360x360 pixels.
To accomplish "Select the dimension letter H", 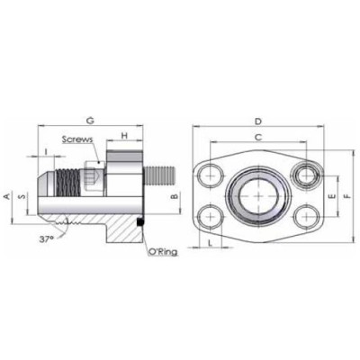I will click(x=125, y=135).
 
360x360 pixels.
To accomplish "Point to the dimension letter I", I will click(x=45, y=151).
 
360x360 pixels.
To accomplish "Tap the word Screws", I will click(x=78, y=140).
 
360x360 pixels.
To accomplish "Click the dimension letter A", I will click(x=8, y=195).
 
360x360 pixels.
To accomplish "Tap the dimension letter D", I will click(x=258, y=120).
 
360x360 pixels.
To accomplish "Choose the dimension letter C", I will click(x=258, y=138).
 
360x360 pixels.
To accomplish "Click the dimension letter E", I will click(x=330, y=194).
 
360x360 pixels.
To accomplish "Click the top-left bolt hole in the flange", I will click(x=211, y=173).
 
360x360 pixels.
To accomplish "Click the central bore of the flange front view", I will click(x=259, y=194).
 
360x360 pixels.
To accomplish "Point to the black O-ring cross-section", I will click(x=141, y=223).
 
